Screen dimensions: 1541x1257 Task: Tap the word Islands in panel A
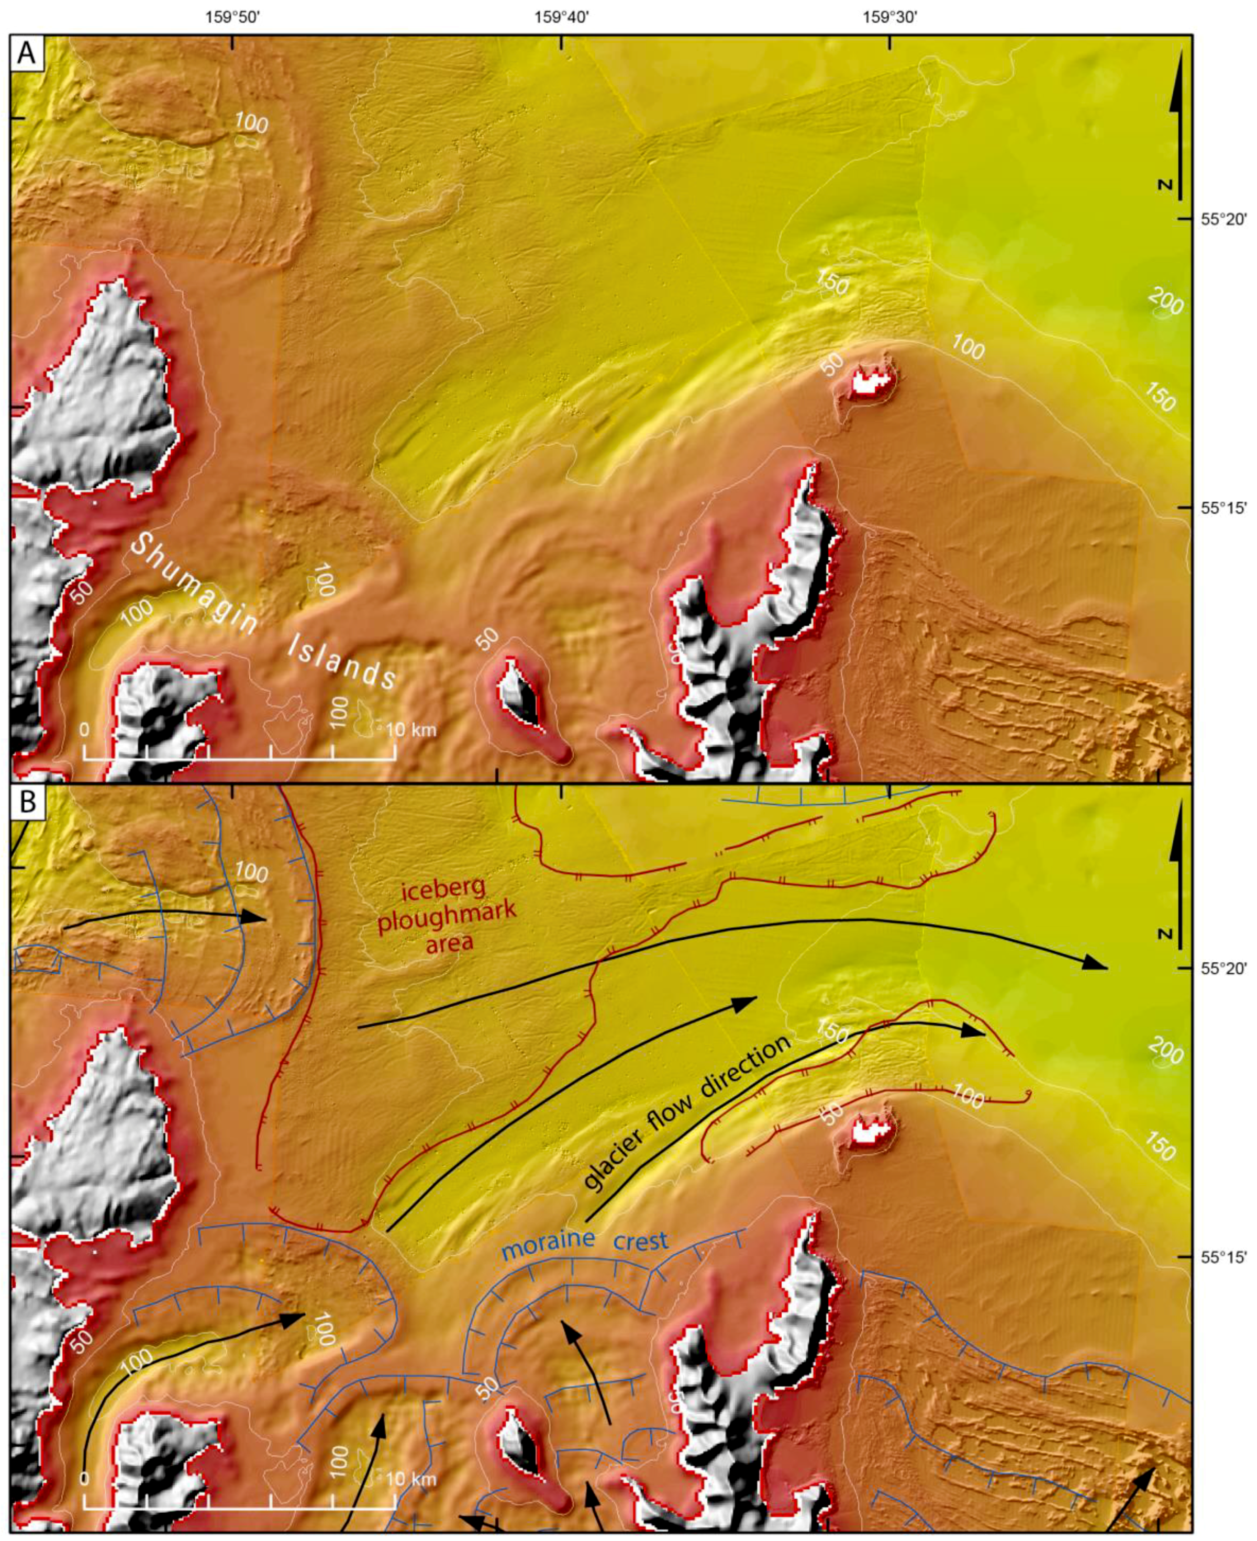pos(342,661)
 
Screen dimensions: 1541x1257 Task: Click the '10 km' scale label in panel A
pos(411,729)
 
